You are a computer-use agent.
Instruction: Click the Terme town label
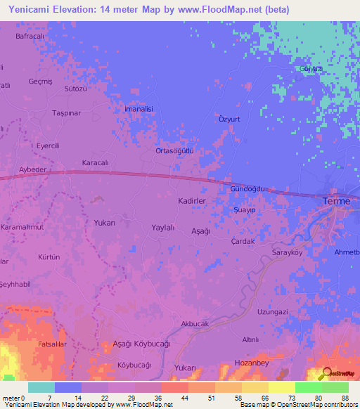[x=335, y=202]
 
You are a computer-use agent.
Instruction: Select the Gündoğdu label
[x=247, y=190]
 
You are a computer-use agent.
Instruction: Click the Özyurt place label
[x=229, y=119]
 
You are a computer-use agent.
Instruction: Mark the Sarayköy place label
[x=286, y=251]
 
